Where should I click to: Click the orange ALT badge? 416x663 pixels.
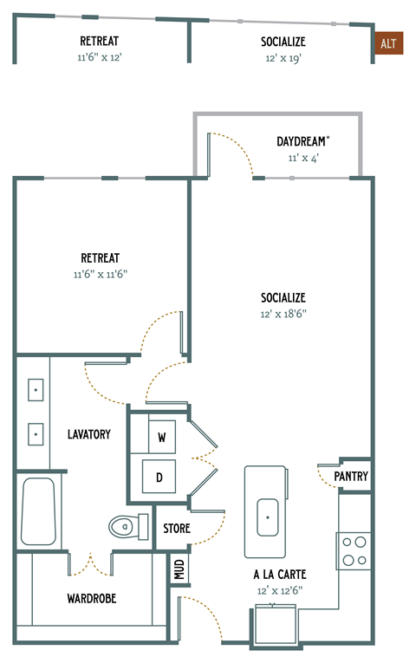[388, 42]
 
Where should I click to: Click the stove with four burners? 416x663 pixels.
[354, 550]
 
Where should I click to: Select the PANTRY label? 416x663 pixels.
[351, 476]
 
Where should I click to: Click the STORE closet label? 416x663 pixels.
[176, 529]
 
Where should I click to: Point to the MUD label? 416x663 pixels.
[179, 569]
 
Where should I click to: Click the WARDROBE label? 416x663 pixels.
[91, 598]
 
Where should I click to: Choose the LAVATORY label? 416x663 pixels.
[89, 433]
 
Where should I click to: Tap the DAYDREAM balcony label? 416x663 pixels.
[302, 140]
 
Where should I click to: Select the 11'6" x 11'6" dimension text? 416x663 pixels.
[101, 273]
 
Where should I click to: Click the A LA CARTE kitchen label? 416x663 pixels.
[280, 575]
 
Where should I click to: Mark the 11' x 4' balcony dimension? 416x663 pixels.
[302, 158]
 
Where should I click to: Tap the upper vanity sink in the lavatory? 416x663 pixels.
[36, 392]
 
